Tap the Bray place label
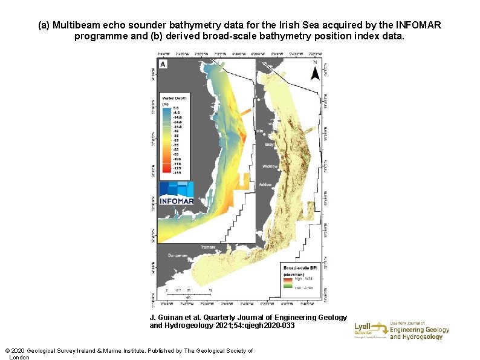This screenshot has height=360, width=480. click(x=270, y=145)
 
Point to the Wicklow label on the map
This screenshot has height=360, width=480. click(x=270, y=166)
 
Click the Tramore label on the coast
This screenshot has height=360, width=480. click(x=209, y=247)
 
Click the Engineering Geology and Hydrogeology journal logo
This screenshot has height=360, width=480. click(x=419, y=330)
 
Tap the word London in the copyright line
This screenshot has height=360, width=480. click(x=19, y=358)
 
